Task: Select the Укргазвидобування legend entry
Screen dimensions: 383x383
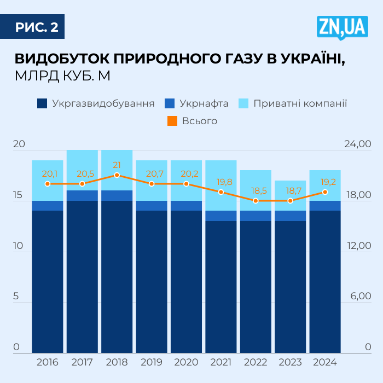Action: point(96,103)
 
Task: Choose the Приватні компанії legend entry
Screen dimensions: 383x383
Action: point(293,103)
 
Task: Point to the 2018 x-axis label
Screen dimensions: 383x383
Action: point(117,362)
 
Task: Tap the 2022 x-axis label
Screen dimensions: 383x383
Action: point(256,362)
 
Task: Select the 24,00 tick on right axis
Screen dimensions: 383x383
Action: point(357,144)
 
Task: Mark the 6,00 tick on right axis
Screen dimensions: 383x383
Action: point(359,297)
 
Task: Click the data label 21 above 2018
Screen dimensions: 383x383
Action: point(117,165)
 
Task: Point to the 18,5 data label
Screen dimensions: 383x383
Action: point(256,190)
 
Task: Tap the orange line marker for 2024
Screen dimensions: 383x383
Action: point(325,191)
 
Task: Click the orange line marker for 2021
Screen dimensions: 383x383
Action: point(221,192)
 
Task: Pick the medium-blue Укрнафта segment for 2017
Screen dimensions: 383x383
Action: point(82,195)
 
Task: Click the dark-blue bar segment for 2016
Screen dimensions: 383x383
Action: point(48,279)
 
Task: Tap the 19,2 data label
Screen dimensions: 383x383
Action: point(325,181)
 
